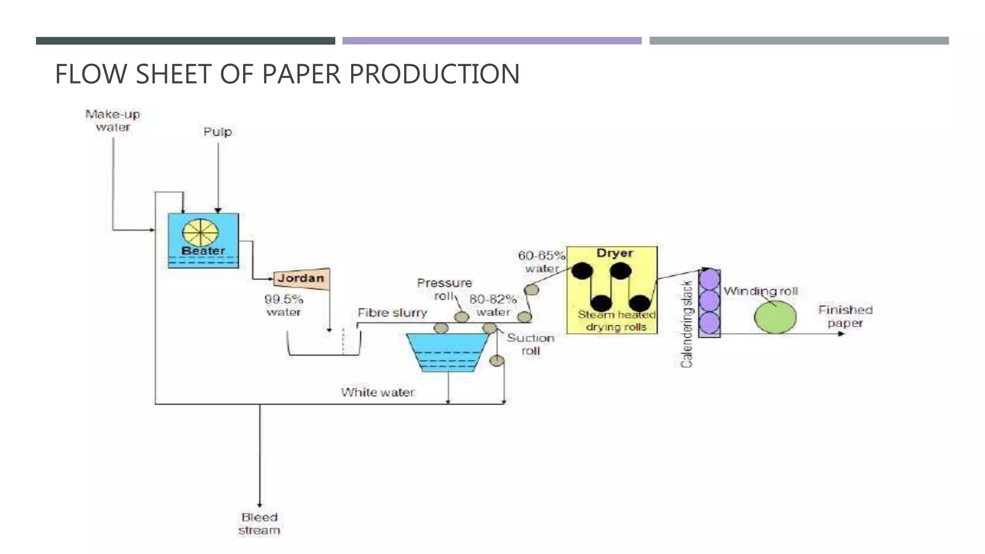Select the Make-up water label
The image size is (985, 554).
pyautogui.click(x=113, y=121)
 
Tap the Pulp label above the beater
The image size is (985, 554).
pyautogui.click(x=217, y=132)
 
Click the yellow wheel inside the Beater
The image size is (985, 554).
pyautogui.click(x=200, y=233)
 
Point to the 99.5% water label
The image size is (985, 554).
pyautogui.click(x=284, y=306)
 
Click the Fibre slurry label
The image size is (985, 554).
pyautogui.click(x=392, y=313)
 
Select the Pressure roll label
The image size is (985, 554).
pyautogui.click(x=444, y=289)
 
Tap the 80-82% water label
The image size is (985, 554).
pyautogui.click(x=493, y=306)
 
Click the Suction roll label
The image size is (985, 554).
pyautogui.click(x=530, y=344)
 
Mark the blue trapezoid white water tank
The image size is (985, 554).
pyautogui.click(x=447, y=352)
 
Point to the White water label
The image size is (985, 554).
pyautogui.click(x=378, y=392)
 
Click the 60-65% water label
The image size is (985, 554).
pyautogui.click(x=542, y=262)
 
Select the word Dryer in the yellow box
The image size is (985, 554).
pyautogui.click(x=614, y=253)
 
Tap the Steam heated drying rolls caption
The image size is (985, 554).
pyautogui.click(x=616, y=321)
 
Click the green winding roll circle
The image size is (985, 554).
pyautogui.click(x=775, y=317)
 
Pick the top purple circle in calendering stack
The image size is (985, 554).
pyautogui.click(x=709, y=279)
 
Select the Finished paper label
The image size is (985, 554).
pyautogui.click(x=845, y=316)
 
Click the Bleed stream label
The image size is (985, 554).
pyautogui.click(x=259, y=524)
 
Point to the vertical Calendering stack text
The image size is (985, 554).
pyautogui.click(x=687, y=324)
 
